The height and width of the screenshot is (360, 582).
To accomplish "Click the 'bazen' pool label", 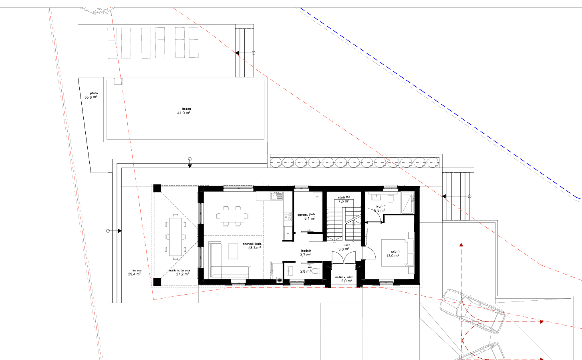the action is pos(187,109).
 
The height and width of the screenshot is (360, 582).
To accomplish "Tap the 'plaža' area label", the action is pos(94,93).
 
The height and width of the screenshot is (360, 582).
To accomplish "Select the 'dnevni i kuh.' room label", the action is pos(252,244).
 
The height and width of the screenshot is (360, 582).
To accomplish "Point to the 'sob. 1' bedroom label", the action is pos(395,251).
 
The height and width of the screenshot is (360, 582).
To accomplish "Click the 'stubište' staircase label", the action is pos(344,197).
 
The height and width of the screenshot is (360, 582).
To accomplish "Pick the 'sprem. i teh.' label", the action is pos(307,214).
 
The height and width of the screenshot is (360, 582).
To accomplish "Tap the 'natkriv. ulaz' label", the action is pos(344,277).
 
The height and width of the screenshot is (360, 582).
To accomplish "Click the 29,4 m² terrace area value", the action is pos(134,274).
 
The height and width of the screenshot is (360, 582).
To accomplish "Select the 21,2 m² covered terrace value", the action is pos(183,274).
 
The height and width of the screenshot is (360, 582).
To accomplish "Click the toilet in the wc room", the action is pos(315,271).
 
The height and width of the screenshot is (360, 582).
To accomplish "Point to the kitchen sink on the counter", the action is pos(276,196).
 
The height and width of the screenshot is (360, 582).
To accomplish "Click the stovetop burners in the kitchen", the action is pos(288,216).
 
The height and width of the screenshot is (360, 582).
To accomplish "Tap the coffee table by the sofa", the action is pos(233,251).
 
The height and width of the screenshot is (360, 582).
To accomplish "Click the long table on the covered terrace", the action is pos(175,237).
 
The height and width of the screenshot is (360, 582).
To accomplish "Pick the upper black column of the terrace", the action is pos(157,188).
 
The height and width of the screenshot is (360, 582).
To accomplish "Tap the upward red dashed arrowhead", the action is pos(461,245).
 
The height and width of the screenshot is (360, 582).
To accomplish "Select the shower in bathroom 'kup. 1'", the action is pos(407,202).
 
